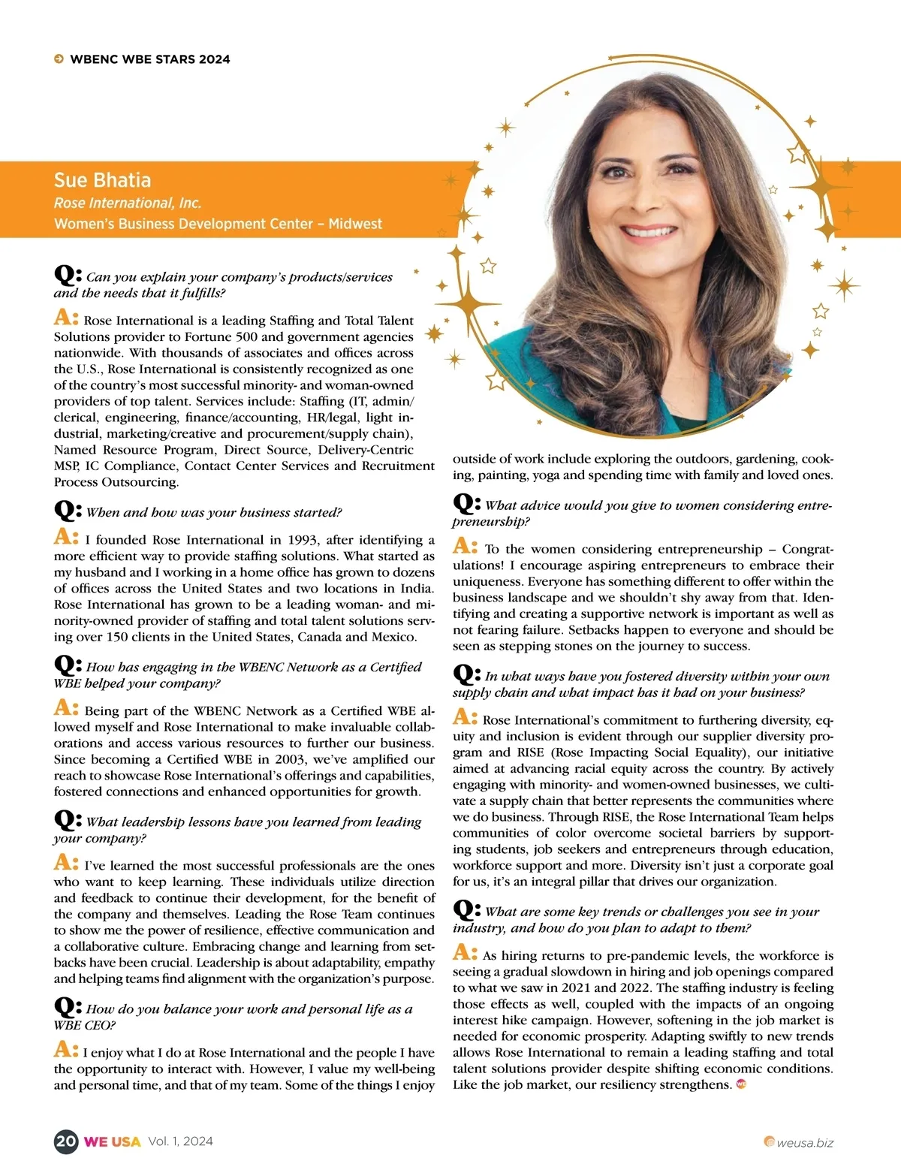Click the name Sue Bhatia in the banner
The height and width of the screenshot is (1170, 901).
[102, 180]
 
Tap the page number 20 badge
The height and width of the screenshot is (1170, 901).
[66, 1141]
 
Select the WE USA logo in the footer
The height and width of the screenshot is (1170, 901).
[112, 1141]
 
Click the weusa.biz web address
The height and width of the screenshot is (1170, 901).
[804, 1142]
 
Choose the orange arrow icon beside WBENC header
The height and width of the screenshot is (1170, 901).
[59, 59]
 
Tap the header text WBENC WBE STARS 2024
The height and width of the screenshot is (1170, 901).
[150, 59]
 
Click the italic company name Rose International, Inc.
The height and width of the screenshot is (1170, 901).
[128, 203]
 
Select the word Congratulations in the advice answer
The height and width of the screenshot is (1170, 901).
[805, 550]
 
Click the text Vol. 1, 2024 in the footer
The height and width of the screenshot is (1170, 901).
[180, 1141]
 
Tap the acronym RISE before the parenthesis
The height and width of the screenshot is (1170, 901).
[530, 752]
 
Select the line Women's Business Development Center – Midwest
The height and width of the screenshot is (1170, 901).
[218, 224]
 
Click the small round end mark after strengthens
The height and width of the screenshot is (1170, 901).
[741, 1084]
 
